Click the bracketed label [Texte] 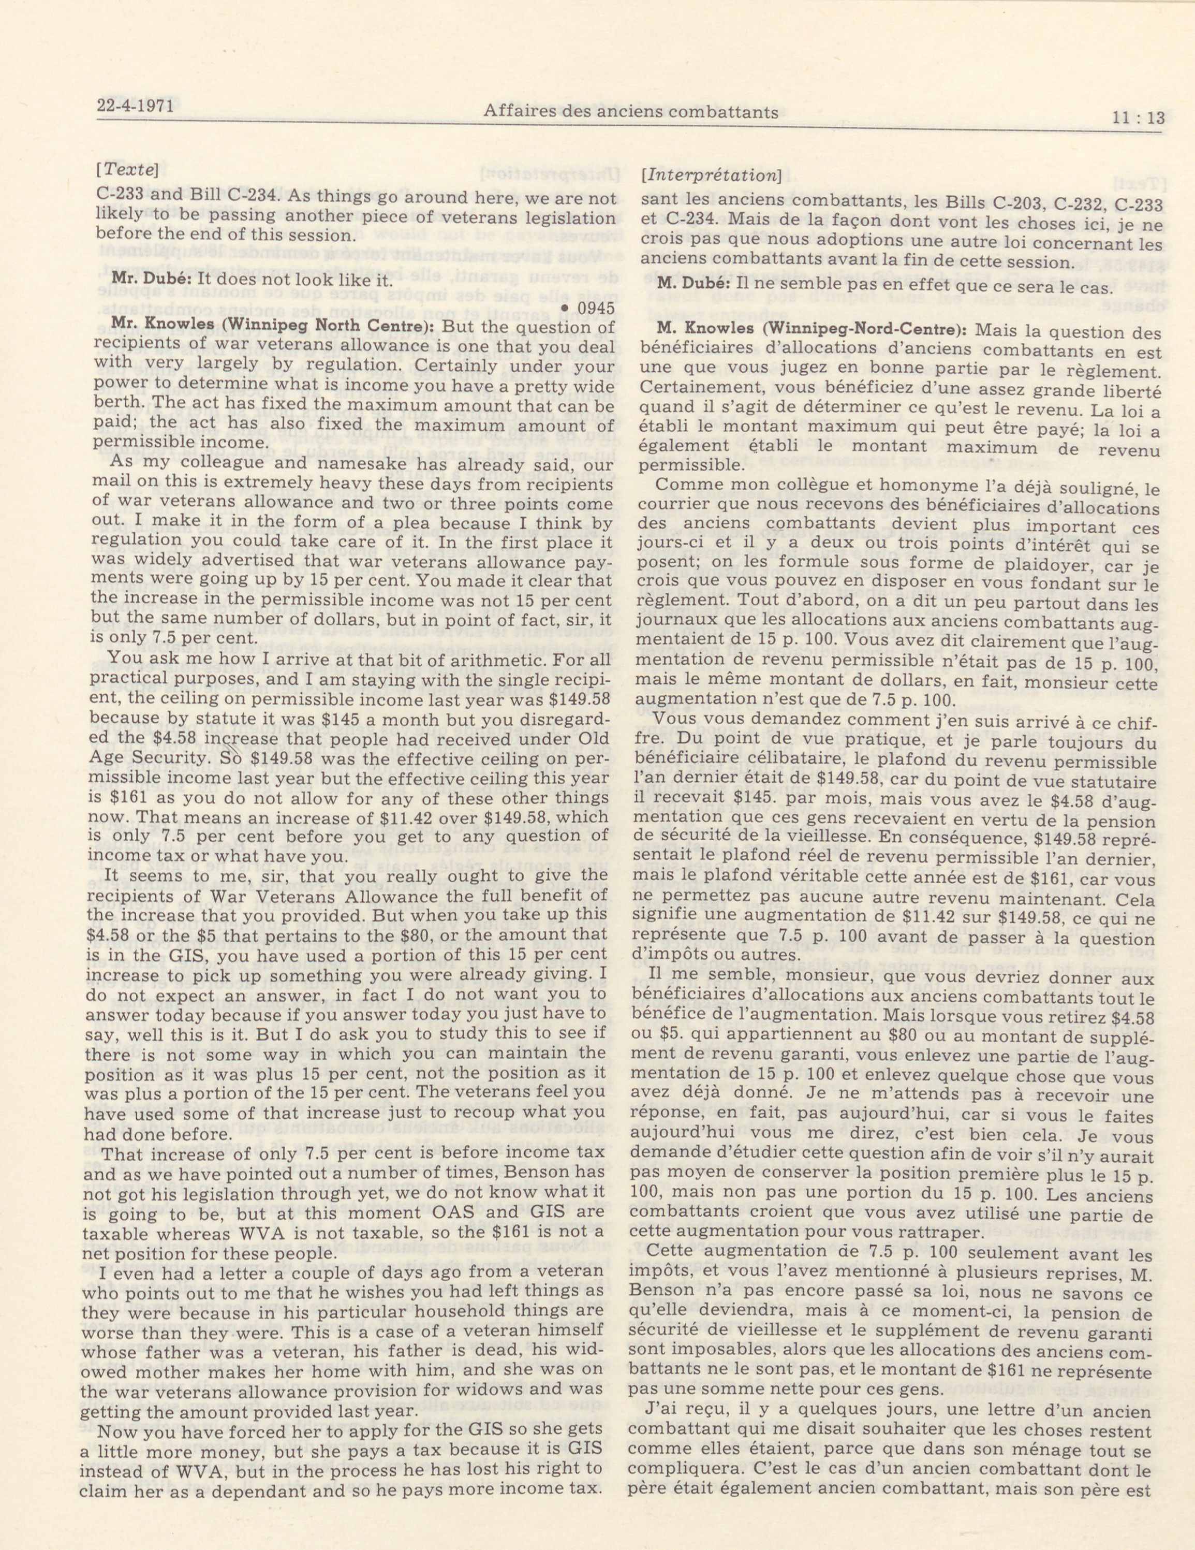(x=126, y=171)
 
